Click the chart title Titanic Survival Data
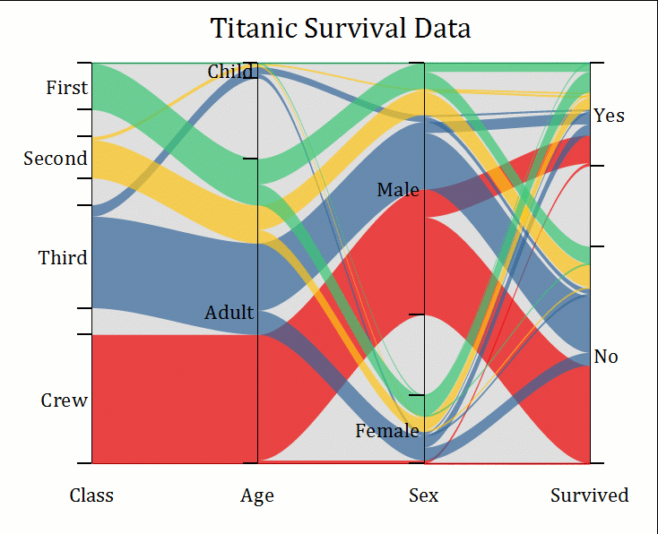pos(341,29)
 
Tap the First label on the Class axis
pos(67,88)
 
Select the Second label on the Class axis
pos(56,159)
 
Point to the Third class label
pos(63,258)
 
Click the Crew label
pos(65,400)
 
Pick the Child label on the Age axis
pos(230,72)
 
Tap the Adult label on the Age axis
pos(229,314)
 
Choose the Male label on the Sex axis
pos(398,190)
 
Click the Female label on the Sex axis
pos(387,431)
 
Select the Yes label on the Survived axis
pos(610,116)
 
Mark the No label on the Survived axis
pos(606,357)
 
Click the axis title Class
pos(91,495)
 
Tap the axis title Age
pos(257,495)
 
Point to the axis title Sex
pos(424,495)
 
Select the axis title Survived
pos(590,495)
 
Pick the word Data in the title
pos(443,29)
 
